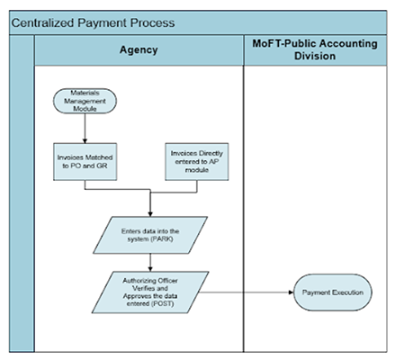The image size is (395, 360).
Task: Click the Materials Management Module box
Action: [x=85, y=101]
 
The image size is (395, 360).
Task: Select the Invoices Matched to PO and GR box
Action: [x=85, y=162]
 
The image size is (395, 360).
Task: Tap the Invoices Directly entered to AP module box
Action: [x=197, y=162]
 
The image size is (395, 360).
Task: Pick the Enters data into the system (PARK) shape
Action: [x=150, y=235]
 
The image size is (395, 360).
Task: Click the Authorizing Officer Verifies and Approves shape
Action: [x=150, y=292]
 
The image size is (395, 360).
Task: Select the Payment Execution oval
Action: [x=333, y=292]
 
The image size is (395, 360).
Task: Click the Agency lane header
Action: [x=139, y=50]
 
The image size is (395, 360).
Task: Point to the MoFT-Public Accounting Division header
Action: [x=315, y=50]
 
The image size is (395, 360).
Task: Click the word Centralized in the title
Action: [x=42, y=23]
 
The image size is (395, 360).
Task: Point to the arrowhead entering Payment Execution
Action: [x=291, y=292]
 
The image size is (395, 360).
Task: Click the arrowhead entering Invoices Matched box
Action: [x=85, y=140]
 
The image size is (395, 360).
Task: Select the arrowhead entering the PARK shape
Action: [x=150, y=214]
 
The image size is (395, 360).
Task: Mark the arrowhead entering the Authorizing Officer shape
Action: [x=150, y=269]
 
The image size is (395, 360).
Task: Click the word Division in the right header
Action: [x=315, y=56]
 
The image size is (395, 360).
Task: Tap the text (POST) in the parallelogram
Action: [x=162, y=303]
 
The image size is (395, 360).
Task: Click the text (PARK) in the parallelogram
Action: [x=162, y=239]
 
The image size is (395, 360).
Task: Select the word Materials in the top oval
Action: [x=85, y=93]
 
